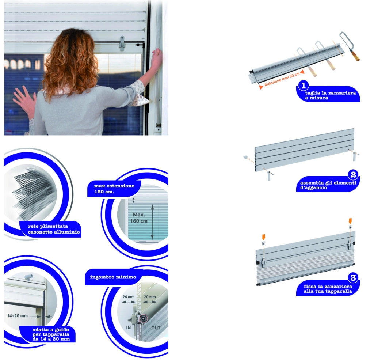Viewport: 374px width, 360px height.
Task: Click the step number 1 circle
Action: pos(304,86)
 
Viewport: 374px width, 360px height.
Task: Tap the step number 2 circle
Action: pos(353,175)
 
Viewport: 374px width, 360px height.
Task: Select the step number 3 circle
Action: pos(353,278)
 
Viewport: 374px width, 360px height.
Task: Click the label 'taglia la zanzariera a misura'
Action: pos(330,95)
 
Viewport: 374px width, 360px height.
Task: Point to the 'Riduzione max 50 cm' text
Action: pos(282,79)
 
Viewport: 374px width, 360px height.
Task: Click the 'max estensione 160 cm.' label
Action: pos(114,189)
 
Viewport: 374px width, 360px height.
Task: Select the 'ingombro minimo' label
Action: pos(113,277)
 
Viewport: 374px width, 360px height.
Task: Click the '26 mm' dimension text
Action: pos(129,297)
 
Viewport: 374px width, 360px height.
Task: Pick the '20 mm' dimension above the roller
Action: pos(150,297)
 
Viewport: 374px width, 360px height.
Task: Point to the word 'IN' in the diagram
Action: pos(128,328)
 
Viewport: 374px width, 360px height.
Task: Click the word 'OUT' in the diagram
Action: pos(156,328)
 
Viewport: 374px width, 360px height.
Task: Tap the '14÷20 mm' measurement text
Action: pos(18,316)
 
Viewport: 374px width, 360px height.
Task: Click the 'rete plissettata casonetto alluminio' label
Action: pos(54,229)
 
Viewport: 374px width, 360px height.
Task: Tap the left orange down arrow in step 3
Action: pos(263,237)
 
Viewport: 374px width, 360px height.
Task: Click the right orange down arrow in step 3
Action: pos(350,221)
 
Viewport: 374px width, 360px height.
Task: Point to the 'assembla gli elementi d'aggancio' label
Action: pos(328,185)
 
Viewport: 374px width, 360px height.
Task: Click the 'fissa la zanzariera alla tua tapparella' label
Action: pos(328,289)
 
